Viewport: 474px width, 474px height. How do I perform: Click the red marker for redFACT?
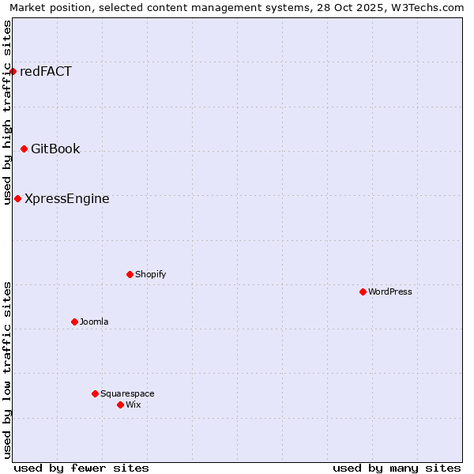click(13, 72)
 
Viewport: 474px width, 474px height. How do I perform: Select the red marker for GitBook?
click(24, 149)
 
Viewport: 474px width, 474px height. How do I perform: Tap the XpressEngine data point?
click(17, 199)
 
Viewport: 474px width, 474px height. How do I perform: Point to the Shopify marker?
click(130, 275)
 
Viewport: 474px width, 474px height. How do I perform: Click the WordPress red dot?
click(363, 292)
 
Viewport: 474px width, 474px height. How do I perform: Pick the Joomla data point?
click(74, 322)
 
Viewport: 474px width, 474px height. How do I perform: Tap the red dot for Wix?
click(120, 405)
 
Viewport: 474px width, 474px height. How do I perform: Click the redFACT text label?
click(46, 72)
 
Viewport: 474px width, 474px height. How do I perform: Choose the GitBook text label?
click(55, 149)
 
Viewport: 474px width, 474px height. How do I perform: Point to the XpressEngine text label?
click(67, 199)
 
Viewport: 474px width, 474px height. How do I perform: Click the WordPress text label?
click(390, 292)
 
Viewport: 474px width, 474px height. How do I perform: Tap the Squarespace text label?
click(127, 394)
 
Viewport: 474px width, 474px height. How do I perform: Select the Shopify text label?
click(150, 275)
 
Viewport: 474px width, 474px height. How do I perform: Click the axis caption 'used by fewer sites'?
click(81, 468)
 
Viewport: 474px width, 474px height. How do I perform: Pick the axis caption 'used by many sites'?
click(397, 468)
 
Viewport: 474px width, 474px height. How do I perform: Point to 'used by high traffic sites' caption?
click(7, 112)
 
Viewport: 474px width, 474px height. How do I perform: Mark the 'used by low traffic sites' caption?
click(7, 370)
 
